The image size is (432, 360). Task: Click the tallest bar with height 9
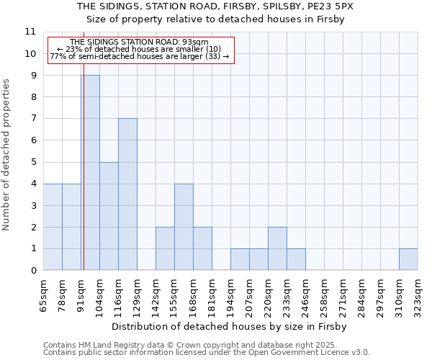tap(90, 173)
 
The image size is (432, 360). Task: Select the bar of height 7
tap(127, 194)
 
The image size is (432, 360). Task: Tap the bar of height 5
tap(109, 216)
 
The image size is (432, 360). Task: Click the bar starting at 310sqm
tap(408, 259)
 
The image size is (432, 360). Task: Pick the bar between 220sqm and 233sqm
tap(277, 248)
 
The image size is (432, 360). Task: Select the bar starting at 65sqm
tap(53, 227)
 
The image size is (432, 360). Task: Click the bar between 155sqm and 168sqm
tap(184, 227)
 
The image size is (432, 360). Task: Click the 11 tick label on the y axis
tap(30, 32)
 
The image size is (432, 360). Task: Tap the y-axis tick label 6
tap(33, 140)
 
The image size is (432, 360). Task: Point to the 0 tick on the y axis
tap(33, 271)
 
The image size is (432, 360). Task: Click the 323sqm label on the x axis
tap(418, 294)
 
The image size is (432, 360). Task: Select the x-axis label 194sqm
tap(230, 294)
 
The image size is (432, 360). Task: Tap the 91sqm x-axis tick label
tap(81, 294)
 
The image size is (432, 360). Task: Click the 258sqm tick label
tap(324, 294)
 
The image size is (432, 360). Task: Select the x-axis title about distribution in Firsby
tap(230, 326)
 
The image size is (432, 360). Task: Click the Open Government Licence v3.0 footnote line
tap(207, 353)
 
